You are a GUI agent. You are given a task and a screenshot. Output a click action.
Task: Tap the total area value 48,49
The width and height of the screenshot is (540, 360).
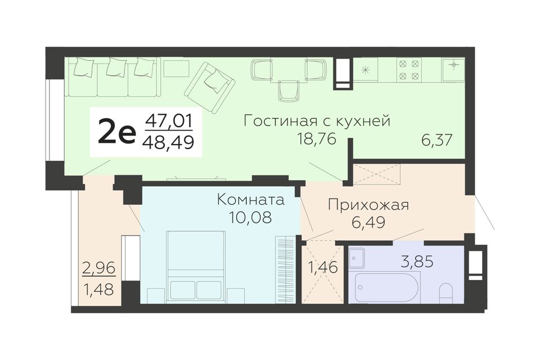click(169, 142)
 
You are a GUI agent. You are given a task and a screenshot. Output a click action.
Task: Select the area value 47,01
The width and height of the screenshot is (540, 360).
click(169, 121)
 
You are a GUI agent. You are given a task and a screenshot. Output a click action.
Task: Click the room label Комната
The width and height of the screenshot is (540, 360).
click(251, 200)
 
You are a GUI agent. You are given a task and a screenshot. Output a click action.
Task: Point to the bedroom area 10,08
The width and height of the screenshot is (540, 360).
click(251, 217)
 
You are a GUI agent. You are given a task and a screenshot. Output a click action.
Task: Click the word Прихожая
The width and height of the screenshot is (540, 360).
click(368, 205)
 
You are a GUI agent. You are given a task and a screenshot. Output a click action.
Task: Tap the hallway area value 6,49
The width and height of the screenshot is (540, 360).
click(368, 223)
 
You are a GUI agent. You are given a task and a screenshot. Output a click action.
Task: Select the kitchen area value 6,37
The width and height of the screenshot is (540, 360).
click(436, 140)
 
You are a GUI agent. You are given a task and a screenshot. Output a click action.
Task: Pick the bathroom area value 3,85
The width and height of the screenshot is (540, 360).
click(417, 262)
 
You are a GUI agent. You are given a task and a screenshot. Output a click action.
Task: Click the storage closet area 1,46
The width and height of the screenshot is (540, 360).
click(322, 267)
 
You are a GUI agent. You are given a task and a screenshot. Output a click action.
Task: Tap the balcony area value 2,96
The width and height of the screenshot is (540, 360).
click(99, 268)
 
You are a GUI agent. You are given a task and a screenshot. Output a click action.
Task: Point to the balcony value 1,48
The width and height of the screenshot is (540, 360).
click(99, 289)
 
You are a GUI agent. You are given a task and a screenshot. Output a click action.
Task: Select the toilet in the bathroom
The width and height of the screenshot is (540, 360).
click(447, 294)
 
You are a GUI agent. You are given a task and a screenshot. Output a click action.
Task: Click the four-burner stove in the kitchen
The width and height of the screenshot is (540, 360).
click(409, 70)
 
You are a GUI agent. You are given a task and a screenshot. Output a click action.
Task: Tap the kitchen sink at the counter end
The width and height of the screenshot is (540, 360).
click(453, 69)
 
